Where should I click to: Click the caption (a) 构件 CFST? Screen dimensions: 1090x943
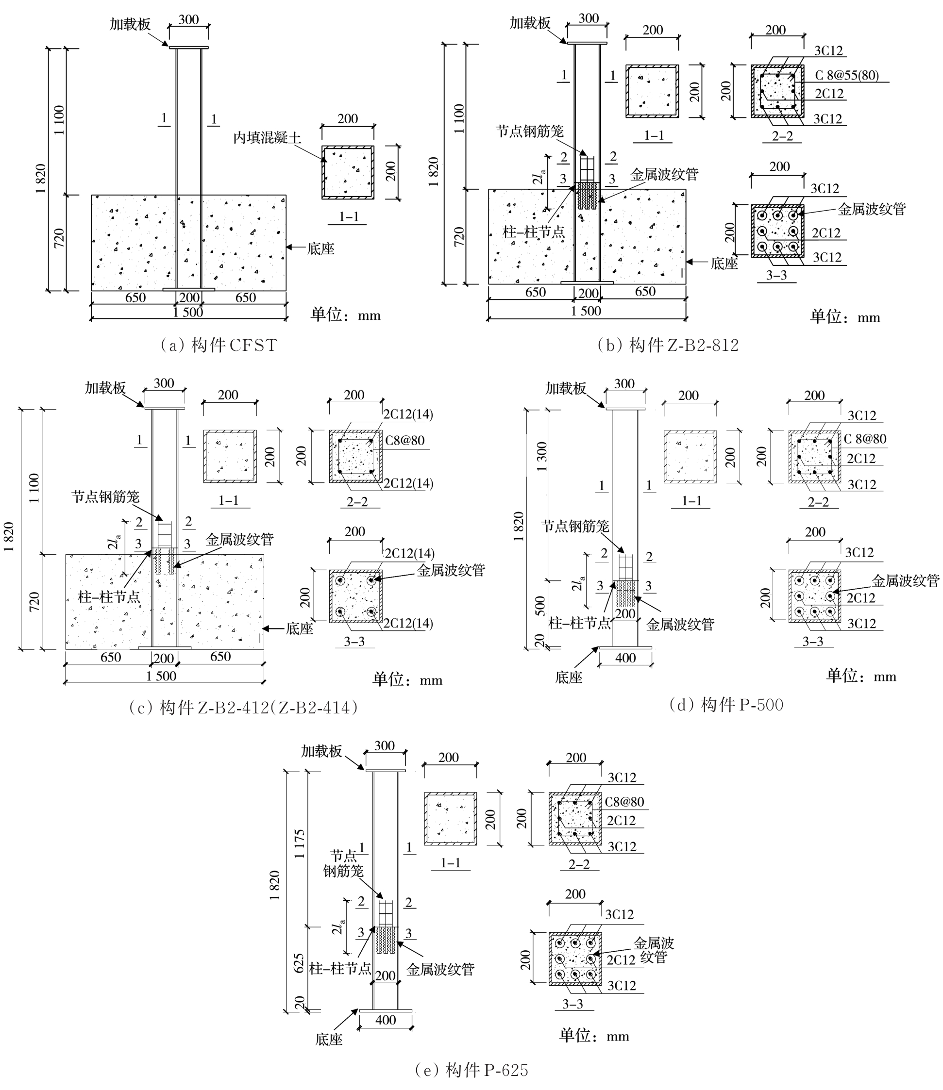(219, 345)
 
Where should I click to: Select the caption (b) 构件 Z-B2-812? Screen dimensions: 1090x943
(668, 345)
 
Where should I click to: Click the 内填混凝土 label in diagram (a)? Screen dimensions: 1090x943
(268, 138)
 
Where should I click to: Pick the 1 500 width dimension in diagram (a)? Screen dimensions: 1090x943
(188, 312)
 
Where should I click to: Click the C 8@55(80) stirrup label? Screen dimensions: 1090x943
(847, 75)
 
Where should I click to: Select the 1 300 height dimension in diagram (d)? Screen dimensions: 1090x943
(542, 457)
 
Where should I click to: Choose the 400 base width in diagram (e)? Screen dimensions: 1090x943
(385, 1020)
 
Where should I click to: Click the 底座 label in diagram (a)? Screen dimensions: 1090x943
(320, 248)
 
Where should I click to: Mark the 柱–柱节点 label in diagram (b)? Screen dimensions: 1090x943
(534, 232)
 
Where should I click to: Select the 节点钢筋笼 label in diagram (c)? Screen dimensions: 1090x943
(105, 496)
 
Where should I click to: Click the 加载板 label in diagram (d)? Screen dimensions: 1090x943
(565, 388)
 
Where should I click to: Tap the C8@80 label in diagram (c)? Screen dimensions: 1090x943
(404, 440)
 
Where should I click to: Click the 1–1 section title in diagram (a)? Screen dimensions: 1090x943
(348, 216)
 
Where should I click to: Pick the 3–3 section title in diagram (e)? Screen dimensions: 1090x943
(573, 1004)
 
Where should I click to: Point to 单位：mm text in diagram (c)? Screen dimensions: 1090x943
(407, 679)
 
